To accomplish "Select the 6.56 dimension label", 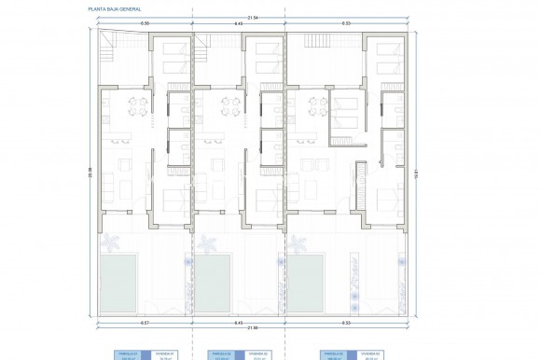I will coord(119,23).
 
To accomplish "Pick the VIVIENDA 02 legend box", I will coord(258,354).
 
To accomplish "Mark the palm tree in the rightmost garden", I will coord(299,245).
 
